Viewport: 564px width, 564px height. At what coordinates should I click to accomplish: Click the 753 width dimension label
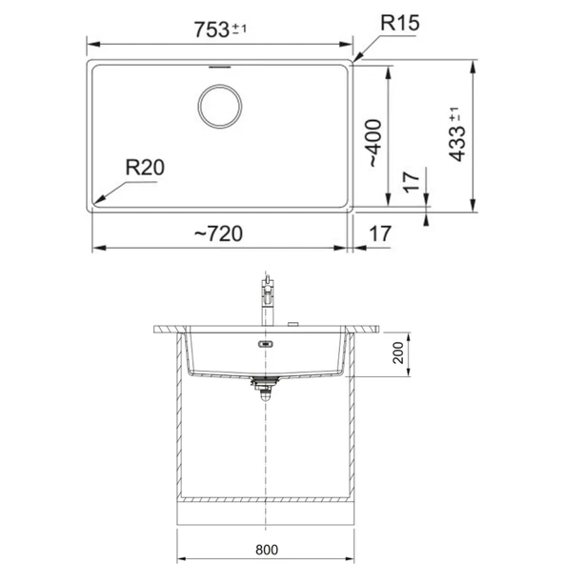pyautogui.click(x=211, y=30)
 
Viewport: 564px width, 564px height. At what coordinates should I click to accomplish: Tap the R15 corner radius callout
pyautogui.click(x=399, y=23)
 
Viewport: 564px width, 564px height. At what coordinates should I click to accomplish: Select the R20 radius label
pyautogui.click(x=145, y=168)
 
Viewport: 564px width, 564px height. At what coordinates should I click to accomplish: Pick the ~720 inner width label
pyautogui.click(x=218, y=233)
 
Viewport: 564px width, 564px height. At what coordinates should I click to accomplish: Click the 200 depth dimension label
pyautogui.click(x=398, y=352)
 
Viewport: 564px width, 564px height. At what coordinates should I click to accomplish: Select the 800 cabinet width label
pyautogui.click(x=267, y=550)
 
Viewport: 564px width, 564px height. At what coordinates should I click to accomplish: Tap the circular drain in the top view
pyautogui.click(x=220, y=107)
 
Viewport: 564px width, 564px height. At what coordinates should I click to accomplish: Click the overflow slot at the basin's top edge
pyautogui.click(x=219, y=67)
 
